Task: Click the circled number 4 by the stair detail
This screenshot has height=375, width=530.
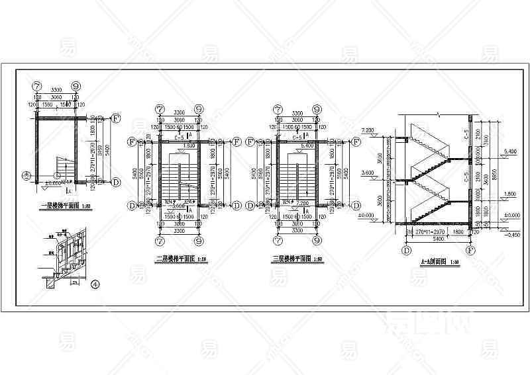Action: point(95,285)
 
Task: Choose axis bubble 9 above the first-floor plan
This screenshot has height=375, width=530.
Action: point(76,86)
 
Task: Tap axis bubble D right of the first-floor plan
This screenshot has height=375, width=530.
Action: point(115,181)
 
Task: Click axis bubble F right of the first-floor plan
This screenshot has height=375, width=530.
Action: point(115,119)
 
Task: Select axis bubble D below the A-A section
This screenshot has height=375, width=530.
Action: point(406,251)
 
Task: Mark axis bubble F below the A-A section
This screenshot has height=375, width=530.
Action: point(470,251)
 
